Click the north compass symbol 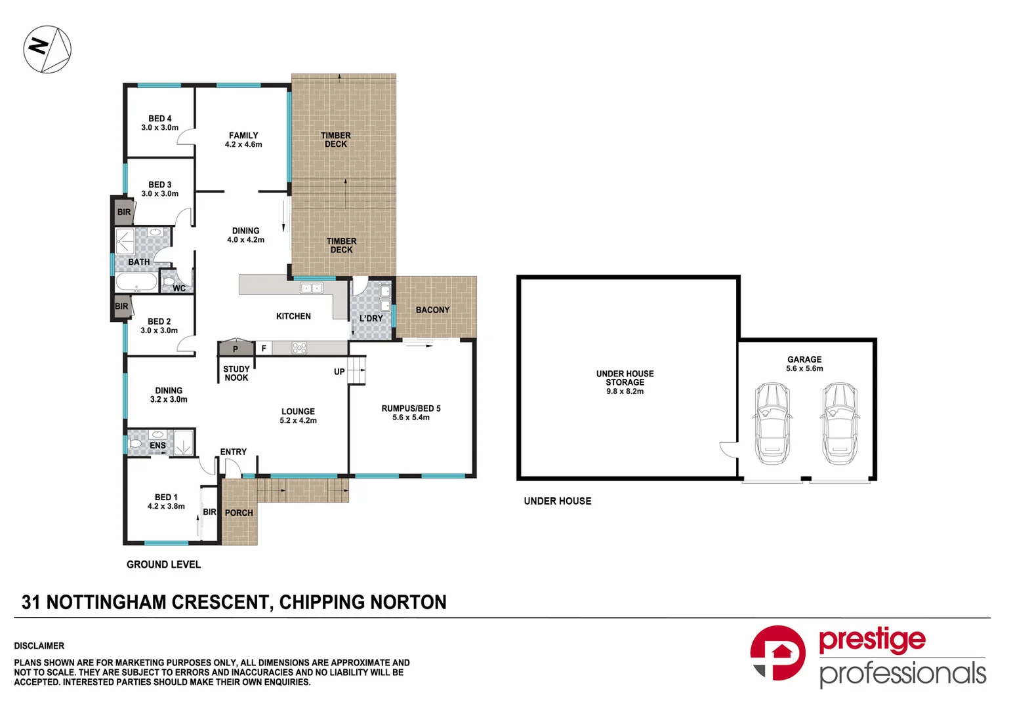(x=47, y=49)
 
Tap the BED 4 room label (x=159, y=119)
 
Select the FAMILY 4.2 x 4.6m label (x=243, y=140)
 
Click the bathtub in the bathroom (x=136, y=283)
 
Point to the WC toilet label (x=179, y=288)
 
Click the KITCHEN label (x=293, y=316)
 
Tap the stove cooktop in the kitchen (x=299, y=348)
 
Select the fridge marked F (x=264, y=348)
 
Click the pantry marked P (x=236, y=348)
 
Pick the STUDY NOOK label (x=236, y=373)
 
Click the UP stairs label (x=339, y=372)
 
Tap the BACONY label (x=433, y=309)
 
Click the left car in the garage (x=772, y=423)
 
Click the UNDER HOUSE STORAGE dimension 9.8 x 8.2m (x=625, y=391)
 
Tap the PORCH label (x=239, y=513)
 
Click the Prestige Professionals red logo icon (x=777, y=653)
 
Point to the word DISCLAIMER (x=39, y=646)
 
